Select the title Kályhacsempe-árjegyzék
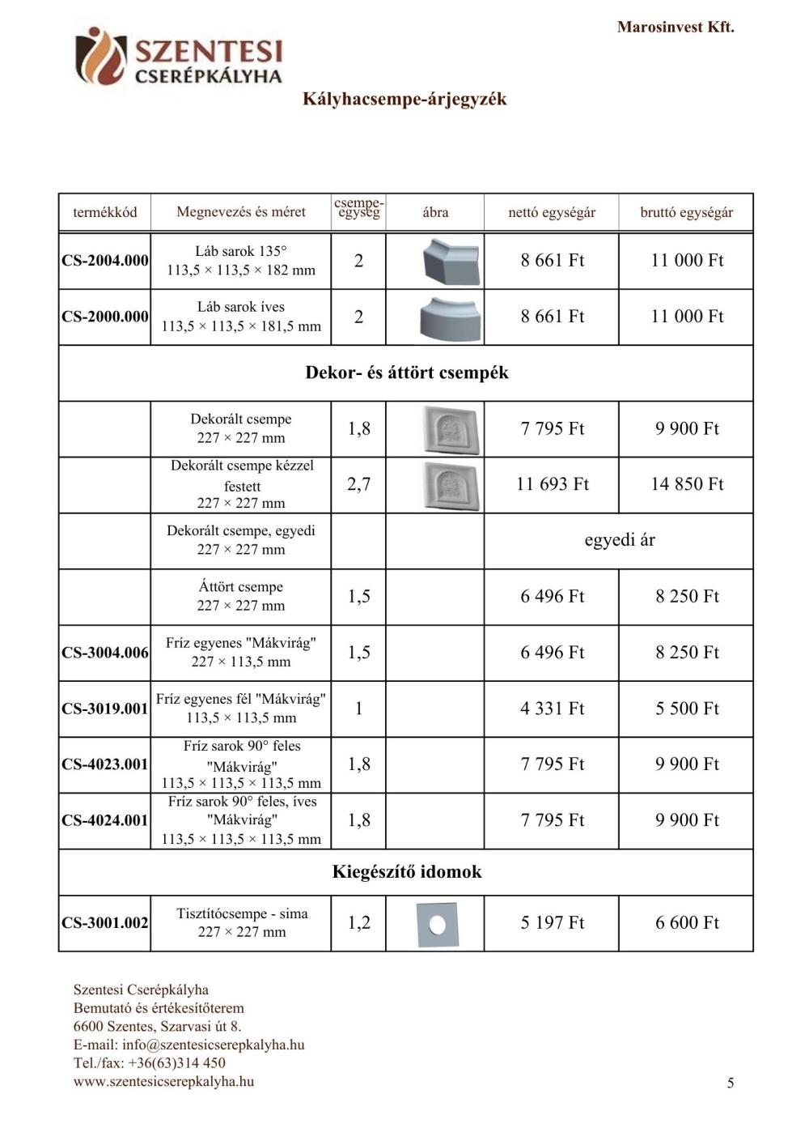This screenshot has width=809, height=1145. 404,99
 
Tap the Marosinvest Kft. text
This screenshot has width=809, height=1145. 676,27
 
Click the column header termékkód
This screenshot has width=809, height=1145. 104,212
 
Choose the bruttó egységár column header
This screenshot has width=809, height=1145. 686,212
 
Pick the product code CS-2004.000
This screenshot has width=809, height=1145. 105,261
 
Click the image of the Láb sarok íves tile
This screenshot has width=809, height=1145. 451,317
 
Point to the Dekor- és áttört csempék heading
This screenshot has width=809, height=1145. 406,372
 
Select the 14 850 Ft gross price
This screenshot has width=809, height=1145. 687,484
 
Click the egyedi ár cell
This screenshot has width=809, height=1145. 619,540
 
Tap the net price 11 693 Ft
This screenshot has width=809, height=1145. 553,484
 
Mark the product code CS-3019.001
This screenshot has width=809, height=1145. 105,709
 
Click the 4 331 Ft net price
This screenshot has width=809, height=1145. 553,709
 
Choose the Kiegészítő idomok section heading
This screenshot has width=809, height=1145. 406,872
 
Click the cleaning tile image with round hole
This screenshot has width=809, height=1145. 436,924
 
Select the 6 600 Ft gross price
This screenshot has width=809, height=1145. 687,922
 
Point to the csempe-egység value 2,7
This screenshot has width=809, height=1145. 358,484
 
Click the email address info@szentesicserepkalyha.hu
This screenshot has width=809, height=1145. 213,1045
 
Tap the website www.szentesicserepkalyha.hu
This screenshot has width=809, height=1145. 163,1081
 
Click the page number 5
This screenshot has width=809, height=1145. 731,1083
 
